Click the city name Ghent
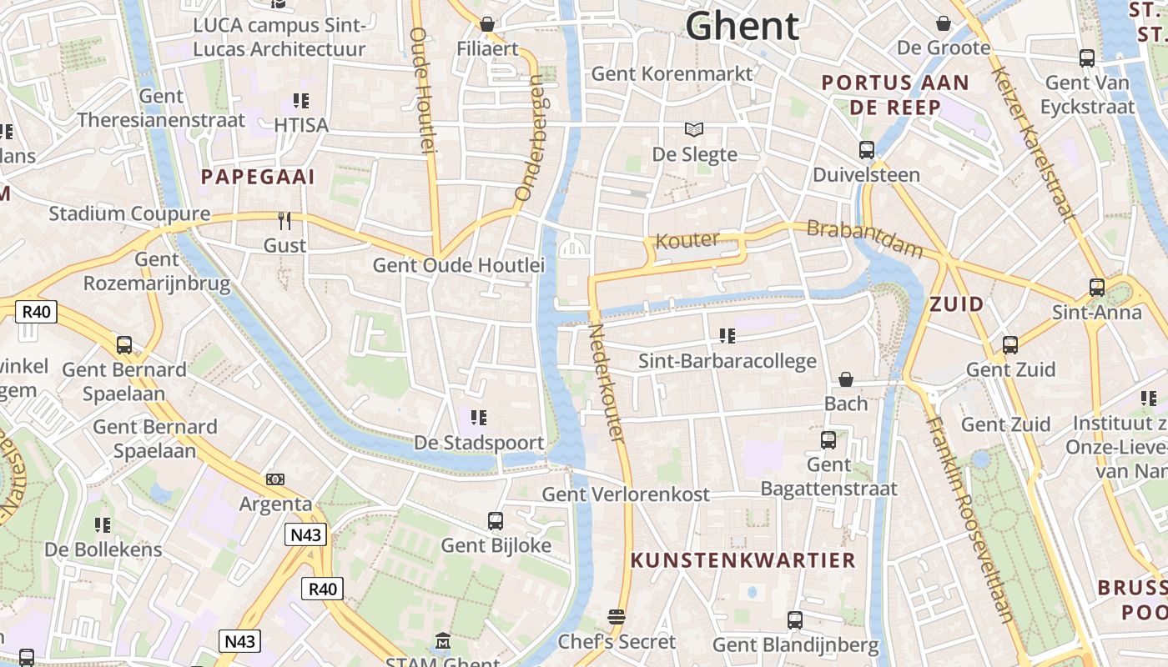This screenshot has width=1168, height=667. [x=742, y=26]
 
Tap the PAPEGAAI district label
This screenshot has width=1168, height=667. [x=259, y=177]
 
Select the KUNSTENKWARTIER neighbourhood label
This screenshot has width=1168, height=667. [x=743, y=560]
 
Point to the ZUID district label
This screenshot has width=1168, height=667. [x=957, y=304]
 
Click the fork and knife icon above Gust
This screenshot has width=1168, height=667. [x=284, y=221]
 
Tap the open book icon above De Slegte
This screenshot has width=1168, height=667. [x=694, y=129]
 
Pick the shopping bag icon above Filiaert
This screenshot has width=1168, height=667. [x=486, y=23]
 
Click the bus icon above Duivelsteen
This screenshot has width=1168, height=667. [x=867, y=150]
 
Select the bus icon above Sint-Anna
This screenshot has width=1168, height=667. [x=1096, y=288]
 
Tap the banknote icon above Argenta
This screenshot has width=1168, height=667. [x=275, y=479]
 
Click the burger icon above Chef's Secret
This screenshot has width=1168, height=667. [x=617, y=617]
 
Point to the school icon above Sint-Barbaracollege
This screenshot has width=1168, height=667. [x=727, y=336]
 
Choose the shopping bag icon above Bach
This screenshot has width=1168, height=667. [x=846, y=379]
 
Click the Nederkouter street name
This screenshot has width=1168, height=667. [x=607, y=383]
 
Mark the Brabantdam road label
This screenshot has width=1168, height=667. [x=865, y=239]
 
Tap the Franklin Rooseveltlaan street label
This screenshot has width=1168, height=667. [x=969, y=519]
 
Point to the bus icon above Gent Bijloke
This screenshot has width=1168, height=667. [x=496, y=521]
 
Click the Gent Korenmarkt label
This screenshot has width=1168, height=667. [x=672, y=73]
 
